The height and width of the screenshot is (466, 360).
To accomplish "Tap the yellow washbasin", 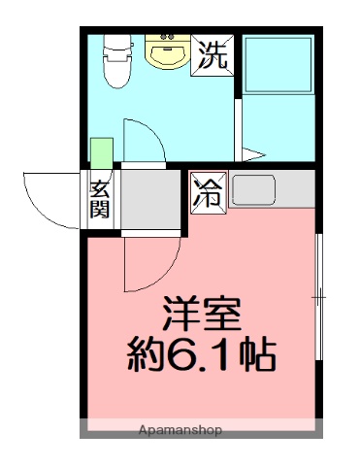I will point(167,53).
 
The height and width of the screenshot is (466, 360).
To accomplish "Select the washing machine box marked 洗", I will point(212,54).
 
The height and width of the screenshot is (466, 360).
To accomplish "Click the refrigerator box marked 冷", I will point(208,191).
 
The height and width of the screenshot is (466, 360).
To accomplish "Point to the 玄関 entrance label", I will point(100,199).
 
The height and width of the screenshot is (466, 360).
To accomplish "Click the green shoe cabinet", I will point(102,153).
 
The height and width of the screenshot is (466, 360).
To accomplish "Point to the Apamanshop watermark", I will point(180,429).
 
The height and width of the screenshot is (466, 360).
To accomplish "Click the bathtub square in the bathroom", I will point(277,66).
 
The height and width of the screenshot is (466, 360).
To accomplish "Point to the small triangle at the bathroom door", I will point(252,152).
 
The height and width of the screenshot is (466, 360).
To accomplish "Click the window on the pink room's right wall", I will point(319,296).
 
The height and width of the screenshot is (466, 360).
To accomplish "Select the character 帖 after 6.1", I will point(257,355).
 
